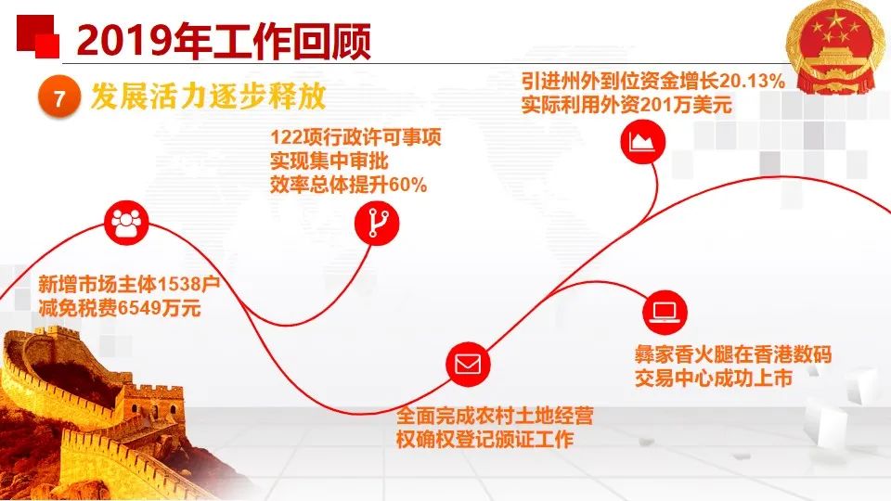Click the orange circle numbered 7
click(58, 97)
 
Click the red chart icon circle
click(642, 141)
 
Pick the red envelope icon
click(468, 364)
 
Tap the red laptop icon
click(665, 312)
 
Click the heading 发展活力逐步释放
click(208, 96)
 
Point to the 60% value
click(407, 186)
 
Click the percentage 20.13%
click(753, 81)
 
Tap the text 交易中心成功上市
click(714, 379)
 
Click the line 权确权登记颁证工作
click(485, 439)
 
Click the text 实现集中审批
click(329, 161)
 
